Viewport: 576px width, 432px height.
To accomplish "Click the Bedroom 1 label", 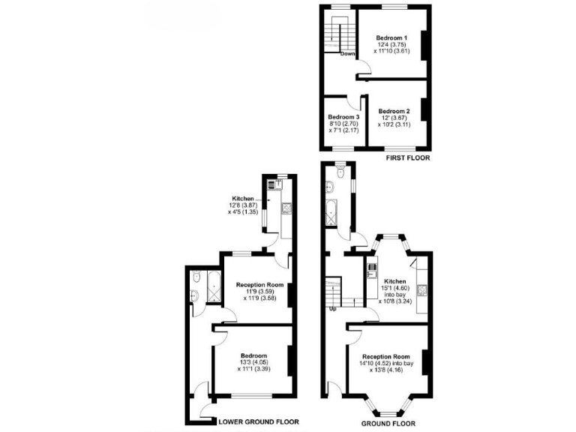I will point(391,37).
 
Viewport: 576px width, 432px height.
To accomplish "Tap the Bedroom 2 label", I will point(394,110).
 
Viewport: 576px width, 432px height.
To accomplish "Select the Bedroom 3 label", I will point(343,118).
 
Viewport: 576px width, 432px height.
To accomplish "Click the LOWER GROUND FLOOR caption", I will point(258,422).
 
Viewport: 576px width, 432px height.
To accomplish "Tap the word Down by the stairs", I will point(347,54).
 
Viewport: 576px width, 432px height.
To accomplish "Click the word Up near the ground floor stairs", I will point(331,308).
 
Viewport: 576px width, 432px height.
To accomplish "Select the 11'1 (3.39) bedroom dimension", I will point(253,369).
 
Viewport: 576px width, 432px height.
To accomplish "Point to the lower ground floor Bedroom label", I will point(253,355).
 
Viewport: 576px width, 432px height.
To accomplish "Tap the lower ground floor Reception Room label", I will point(259,284).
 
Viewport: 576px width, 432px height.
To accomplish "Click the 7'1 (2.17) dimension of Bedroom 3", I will point(343,130).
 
